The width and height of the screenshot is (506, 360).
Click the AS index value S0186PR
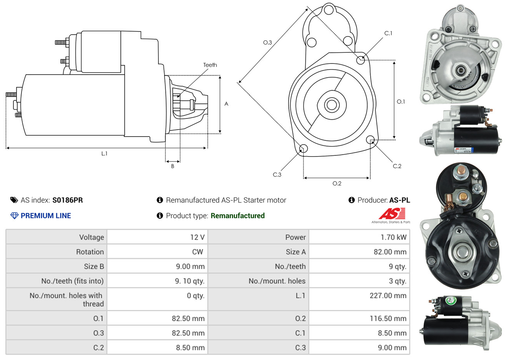67,200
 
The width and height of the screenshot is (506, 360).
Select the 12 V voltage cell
197,237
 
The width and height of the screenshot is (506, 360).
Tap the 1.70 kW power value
393,237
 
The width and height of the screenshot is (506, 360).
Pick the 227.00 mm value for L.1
388,296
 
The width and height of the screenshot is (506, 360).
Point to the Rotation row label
90,252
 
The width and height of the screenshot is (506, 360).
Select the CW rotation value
197,252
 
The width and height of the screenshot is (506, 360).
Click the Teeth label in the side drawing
210,65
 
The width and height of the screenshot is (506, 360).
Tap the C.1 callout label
388,33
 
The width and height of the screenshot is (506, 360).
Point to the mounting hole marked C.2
370,139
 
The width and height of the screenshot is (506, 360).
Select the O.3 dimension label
267,43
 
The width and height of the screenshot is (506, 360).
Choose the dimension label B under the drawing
173,166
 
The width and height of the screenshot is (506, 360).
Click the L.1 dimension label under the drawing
104,153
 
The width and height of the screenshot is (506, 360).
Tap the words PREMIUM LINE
46,216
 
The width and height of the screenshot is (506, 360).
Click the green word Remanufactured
238,216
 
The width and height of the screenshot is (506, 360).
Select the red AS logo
392,213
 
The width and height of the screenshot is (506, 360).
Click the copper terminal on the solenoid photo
463,197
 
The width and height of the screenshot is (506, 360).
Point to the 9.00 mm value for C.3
392,348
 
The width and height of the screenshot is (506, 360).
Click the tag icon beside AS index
14,200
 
